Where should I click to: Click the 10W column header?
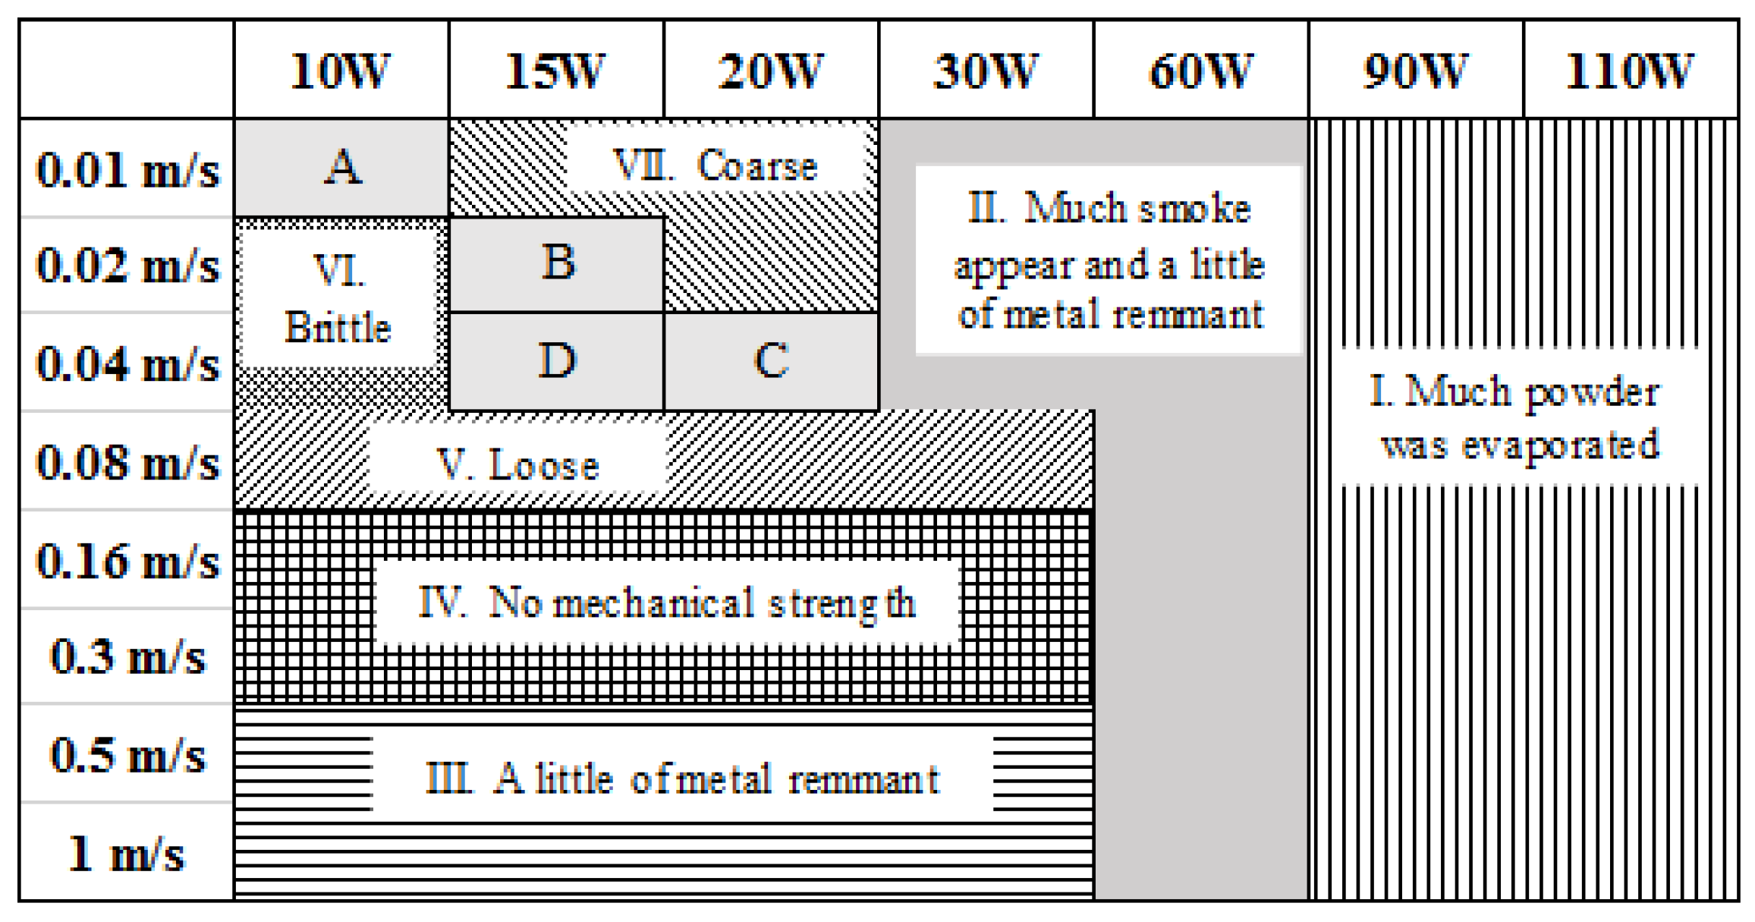[x=341, y=71]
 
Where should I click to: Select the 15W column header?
[x=555, y=71]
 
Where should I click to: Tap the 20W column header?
[x=771, y=71]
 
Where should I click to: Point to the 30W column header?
[x=986, y=71]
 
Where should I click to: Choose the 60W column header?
[x=1201, y=71]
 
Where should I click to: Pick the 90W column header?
[x=1416, y=71]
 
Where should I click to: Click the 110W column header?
[x=1630, y=71]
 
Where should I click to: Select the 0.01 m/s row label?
[x=127, y=169]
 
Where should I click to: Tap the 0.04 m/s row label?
[x=127, y=364]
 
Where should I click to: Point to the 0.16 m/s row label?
[x=127, y=562]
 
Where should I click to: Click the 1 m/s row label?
[x=127, y=854]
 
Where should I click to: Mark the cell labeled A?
[x=342, y=167]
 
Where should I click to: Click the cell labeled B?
[x=558, y=263]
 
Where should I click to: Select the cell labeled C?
[x=772, y=360]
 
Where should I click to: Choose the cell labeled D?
[x=558, y=360]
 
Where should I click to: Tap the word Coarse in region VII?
[x=757, y=165]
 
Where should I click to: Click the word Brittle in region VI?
[x=338, y=328]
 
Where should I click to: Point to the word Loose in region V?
[x=544, y=464]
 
